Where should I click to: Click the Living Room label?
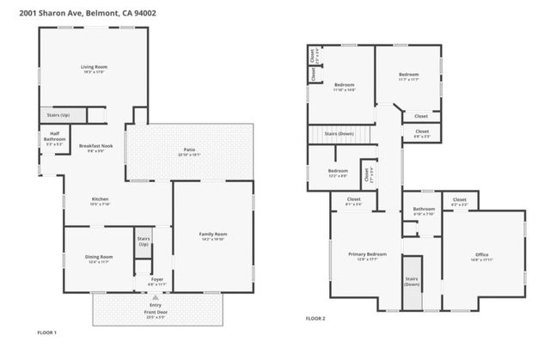(94, 66)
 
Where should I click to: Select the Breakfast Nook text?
(96, 146)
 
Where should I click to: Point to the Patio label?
(189, 150)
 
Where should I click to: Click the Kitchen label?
(100, 200)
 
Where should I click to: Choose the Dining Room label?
(100, 257)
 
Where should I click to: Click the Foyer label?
(157, 280)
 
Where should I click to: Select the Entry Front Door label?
(156, 308)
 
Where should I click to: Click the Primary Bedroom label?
(366, 254)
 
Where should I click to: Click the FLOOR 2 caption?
(315, 319)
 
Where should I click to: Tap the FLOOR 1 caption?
(46, 332)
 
